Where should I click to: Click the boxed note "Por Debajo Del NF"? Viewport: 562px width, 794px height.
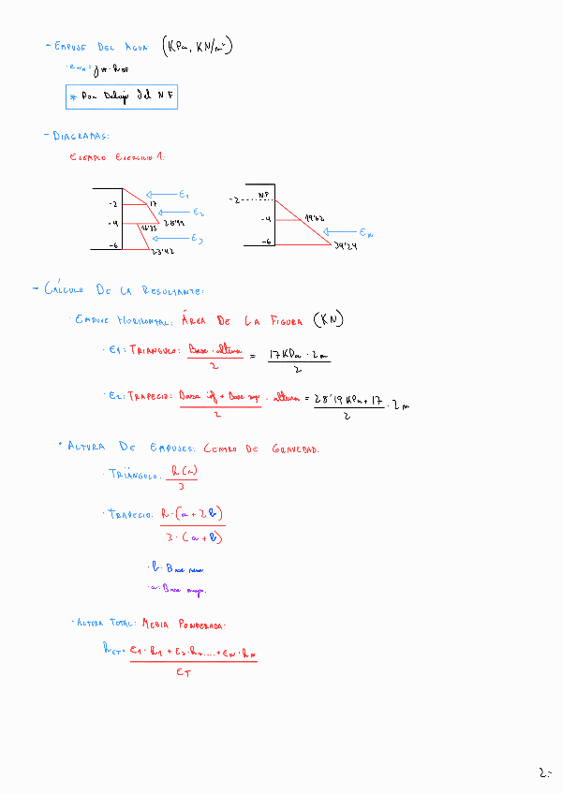pyautogui.click(x=121, y=96)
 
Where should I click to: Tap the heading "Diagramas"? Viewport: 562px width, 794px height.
pyautogui.click(x=81, y=136)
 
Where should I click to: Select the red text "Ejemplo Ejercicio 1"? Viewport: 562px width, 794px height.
pyautogui.click(x=117, y=157)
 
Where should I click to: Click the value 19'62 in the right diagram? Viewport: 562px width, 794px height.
pyautogui.click(x=314, y=217)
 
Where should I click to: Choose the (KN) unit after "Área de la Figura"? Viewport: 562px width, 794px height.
pyautogui.click(x=329, y=320)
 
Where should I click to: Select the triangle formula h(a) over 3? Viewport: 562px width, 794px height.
pyautogui.click(x=179, y=478)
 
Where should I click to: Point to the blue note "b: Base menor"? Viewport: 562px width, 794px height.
pyautogui.click(x=177, y=568)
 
